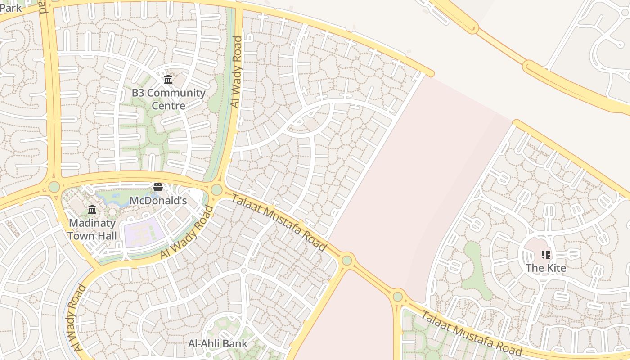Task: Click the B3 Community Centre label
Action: click(168, 99)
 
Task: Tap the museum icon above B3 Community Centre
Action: click(168, 80)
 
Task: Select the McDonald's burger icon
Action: click(158, 187)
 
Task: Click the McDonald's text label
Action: click(158, 201)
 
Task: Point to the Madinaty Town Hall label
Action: click(92, 229)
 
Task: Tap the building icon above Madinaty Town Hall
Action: click(92, 209)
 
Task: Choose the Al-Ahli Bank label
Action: click(218, 344)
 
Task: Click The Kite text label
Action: click(546, 268)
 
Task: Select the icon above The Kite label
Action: click(546, 255)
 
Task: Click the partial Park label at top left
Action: click(11, 8)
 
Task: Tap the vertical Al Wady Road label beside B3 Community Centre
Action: click(236, 72)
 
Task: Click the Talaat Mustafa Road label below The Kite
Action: click(471, 333)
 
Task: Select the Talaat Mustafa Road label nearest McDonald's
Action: click(279, 222)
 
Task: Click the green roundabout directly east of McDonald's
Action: click(216, 189)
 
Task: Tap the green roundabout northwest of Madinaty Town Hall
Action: click(54, 186)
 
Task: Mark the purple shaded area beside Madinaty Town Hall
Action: click(143, 232)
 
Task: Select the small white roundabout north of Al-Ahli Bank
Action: click(243, 270)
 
